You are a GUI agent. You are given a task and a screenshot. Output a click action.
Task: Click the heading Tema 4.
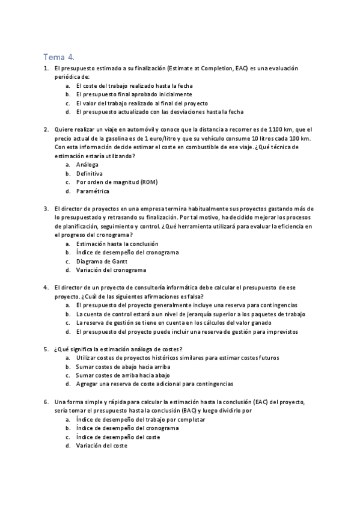[59, 57]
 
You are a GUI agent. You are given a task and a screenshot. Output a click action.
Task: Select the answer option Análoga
[87, 164]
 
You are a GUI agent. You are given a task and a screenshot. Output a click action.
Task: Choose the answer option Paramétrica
[93, 191]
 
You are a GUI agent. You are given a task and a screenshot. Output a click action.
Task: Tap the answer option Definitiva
[90, 173]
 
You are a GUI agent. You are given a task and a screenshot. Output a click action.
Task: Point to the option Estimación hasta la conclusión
[117, 244]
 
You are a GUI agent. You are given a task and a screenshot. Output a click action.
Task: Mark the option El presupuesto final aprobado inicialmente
[134, 94]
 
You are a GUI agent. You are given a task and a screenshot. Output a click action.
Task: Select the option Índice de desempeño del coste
[118, 437]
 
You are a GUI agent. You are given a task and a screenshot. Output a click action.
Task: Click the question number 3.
[46, 208]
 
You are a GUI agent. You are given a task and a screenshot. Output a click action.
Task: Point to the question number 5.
[46, 349]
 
